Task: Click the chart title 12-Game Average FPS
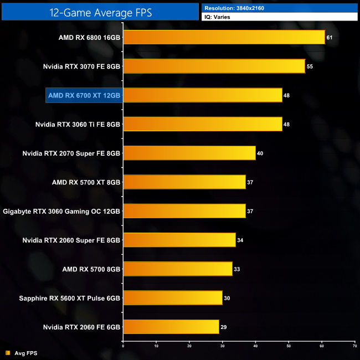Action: [x=100, y=11]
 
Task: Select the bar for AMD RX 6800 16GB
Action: [x=224, y=38]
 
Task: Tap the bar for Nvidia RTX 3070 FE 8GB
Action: [x=214, y=66]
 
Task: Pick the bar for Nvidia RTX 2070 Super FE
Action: [x=189, y=153]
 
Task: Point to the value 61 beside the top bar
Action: [x=330, y=38]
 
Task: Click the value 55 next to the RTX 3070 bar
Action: [x=310, y=66]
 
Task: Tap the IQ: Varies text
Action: [x=218, y=17]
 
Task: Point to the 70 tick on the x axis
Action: [x=354, y=346]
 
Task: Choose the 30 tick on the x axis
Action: [x=222, y=346]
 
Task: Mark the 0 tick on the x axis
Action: [x=123, y=346]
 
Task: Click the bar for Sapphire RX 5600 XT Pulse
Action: [x=172, y=297]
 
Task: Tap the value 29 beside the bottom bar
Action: [x=224, y=326]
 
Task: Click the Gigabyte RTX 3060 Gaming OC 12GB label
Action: [x=62, y=211]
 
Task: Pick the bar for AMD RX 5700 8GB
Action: [x=177, y=269]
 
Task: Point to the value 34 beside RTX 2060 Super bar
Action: [x=240, y=240]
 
